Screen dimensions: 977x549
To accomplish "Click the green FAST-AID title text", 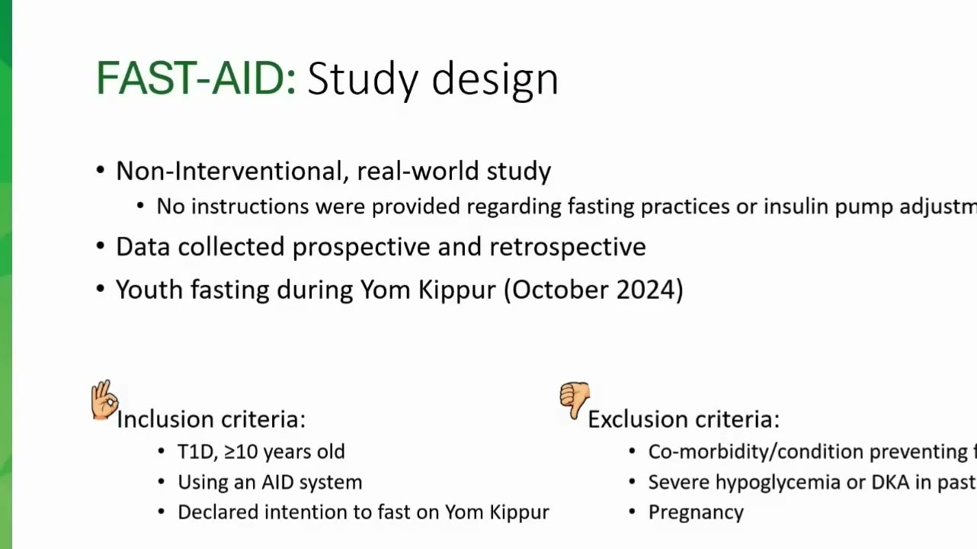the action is [197, 79].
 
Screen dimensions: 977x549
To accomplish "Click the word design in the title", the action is [495, 81].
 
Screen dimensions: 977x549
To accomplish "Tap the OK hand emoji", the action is [104, 400].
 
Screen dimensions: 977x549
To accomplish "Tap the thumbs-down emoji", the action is [575, 400].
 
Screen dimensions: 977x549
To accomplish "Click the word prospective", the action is [361, 248].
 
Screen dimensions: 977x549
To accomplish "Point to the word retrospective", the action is [568, 248].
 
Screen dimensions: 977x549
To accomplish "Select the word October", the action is [559, 289].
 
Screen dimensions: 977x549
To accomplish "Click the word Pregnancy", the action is [696, 512].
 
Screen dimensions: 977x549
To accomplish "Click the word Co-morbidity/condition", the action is [756, 451].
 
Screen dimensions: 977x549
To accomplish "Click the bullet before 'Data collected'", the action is [101, 246].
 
